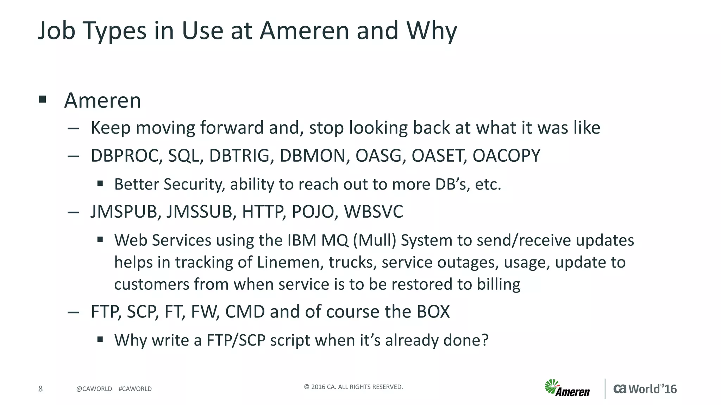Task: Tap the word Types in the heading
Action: [114, 31]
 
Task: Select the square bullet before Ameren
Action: [43, 99]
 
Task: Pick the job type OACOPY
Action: [506, 156]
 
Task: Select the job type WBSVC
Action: [373, 212]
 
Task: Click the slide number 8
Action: [40, 388]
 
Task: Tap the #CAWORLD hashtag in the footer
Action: [135, 389]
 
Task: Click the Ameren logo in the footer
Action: [567, 388]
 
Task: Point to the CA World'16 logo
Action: [645, 389]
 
